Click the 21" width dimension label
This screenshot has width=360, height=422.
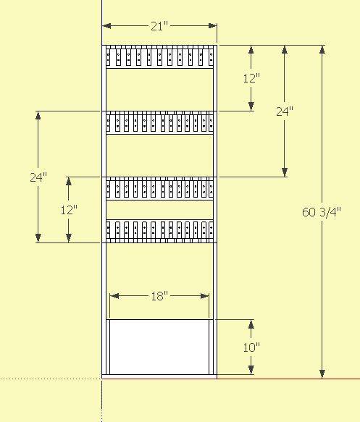pyautogui.click(x=159, y=26)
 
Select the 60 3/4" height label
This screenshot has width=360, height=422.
pyautogui.click(x=322, y=212)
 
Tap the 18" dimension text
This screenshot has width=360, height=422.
pyautogui.click(x=159, y=296)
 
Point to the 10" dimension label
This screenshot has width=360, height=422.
pyautogui.click(x=251, y=347)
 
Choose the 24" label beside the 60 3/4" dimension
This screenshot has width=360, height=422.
pyautogui.click(x=285, y=111)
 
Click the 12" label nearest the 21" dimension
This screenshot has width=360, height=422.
pyautogui.click(x=251, y=78)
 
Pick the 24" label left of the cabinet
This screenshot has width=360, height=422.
pyautogui.click(x=38, y=177)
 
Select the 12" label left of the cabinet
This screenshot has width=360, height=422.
pyautogui.click(x=69, y=210)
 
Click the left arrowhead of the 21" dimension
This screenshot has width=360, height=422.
pyautogui.click(x=107, y=26)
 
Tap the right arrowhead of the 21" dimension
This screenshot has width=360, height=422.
pyautogui.click(x=212, y=26)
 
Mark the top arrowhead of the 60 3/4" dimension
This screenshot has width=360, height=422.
pyautogui.click(x=322, y=50)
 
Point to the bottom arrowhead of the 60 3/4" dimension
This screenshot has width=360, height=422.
pyautogui.click(x=322, y=374)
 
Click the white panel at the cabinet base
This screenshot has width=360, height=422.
pyautogui.click(x=159, y=347)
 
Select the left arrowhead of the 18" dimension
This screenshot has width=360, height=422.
pyautogui.click(x=114, y=296)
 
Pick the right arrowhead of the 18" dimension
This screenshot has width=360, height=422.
pyautogui.click(x=205, y=296)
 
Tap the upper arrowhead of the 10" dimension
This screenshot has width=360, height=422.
pyautogui.click(x=251, y=324)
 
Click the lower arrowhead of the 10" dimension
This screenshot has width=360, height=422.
pyautogui.click(x=251, y=369)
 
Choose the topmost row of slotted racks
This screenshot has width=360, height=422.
pyautogui.click(x=159, y=56)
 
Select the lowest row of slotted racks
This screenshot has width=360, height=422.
pyautogui.click(x=159, y=231)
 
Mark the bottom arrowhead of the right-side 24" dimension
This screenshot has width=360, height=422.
pyautogui.click(x=285, y=172)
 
